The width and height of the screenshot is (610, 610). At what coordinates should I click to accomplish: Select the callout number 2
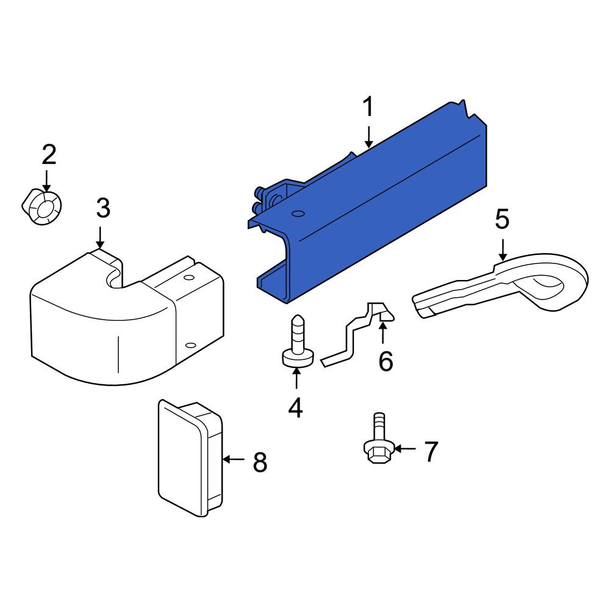pos(49,154)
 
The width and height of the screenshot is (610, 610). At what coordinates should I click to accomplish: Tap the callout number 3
pos(103,208)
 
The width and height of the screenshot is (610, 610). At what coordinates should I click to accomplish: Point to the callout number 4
pos(296,407)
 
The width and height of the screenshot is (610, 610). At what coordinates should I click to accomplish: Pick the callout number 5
pos(502,219)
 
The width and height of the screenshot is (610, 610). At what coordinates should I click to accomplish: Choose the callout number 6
pos(386,361)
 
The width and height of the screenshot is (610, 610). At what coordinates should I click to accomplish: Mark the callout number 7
pos(431,451)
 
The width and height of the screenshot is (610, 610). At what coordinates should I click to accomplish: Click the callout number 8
pos(260,462)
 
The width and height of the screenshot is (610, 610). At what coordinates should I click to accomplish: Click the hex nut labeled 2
pos(42,207)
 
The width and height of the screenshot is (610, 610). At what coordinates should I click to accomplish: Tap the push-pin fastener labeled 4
pos(298,341)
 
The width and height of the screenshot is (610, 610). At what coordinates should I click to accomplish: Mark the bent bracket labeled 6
pos(356,334)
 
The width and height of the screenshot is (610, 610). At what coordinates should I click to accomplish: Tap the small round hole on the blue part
pos(298,213)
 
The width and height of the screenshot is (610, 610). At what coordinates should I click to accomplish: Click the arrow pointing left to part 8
pos(234,459)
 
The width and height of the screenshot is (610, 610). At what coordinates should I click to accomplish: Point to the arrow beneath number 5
pos(503,250)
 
